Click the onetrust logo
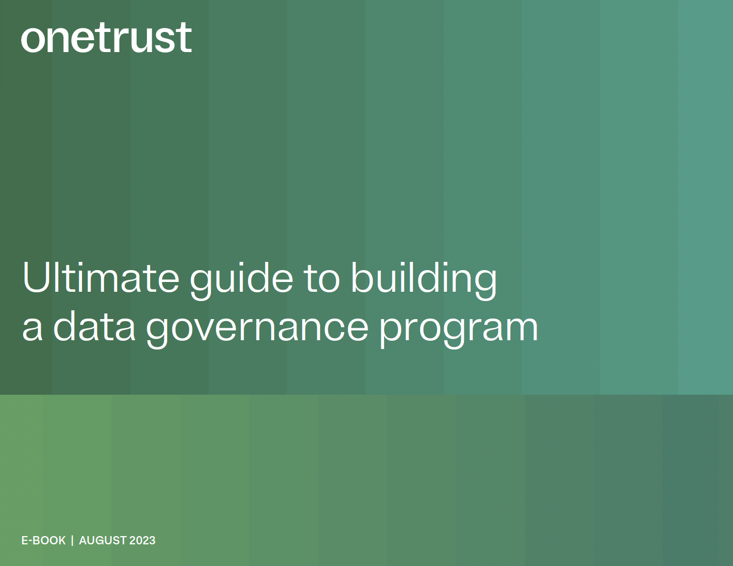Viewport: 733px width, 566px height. [106, 38]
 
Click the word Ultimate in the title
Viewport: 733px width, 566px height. [101, 278]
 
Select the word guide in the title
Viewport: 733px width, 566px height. [242, 280]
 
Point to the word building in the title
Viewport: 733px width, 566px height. [424, 280]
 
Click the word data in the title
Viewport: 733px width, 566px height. [94, 325]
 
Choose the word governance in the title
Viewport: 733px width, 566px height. [257, 329]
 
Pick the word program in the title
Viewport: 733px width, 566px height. [458, 329]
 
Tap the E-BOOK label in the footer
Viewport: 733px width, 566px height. [43, 540]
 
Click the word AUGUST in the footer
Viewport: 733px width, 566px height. [103, 540]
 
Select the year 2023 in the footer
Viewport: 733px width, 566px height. [142, 540]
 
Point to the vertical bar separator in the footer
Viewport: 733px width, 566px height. [72, 540]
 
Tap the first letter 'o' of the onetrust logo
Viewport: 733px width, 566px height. [32, 40]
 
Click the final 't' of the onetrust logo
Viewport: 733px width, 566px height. [185, 38]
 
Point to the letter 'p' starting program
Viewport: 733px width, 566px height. [391, 332]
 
